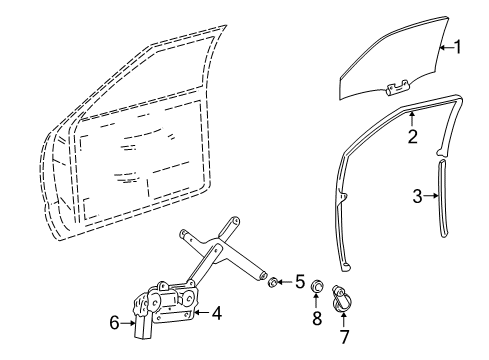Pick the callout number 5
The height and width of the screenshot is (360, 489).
point(298,280)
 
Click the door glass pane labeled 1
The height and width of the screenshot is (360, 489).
point(400,60)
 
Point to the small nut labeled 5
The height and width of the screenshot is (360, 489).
point(273,281)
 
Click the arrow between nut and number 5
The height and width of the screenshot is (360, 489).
point(285,281)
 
